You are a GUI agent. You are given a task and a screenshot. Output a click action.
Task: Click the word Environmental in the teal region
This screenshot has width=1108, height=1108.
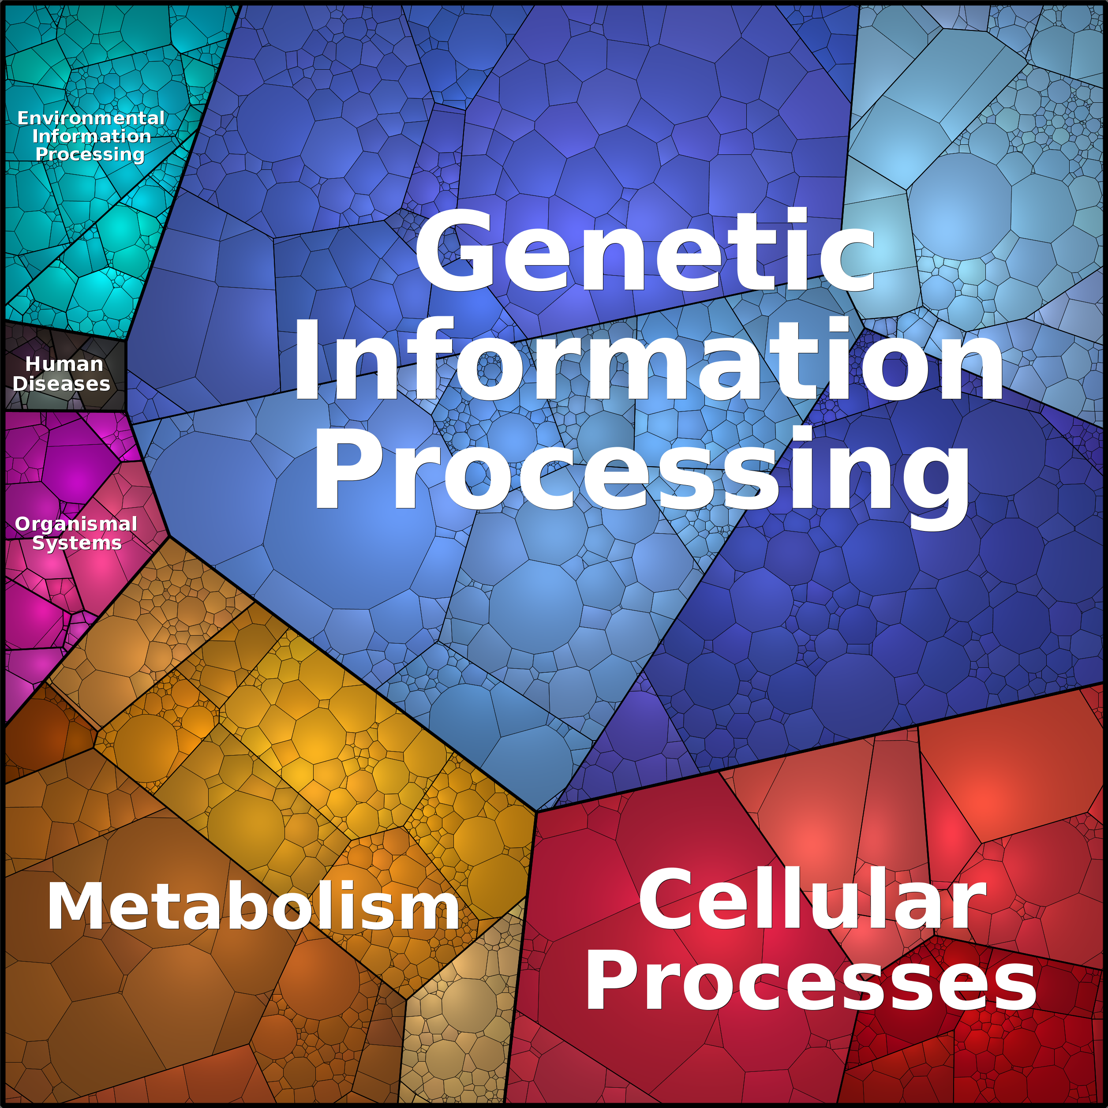[x=90, y=118]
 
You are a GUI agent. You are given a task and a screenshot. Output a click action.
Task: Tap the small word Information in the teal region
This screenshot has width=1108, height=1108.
[x=92, y=136]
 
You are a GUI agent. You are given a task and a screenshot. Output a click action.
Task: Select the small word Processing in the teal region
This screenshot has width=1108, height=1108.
[x=90, y=155]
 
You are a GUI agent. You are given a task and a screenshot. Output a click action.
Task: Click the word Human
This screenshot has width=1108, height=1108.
[x=64, y=364]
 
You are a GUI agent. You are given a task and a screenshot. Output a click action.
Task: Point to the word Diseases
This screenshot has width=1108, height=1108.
[x=61, y=384]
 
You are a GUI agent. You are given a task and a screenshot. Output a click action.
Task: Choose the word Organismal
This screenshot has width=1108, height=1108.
[x=76, y=524]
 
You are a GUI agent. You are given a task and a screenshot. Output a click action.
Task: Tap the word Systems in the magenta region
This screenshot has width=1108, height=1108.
[x=77, y=543]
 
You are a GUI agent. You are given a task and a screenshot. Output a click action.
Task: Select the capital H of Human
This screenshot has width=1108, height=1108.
[x=33, y=364]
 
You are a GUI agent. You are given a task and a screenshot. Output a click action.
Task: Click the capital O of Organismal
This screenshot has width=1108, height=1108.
[x=23, y=524]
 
